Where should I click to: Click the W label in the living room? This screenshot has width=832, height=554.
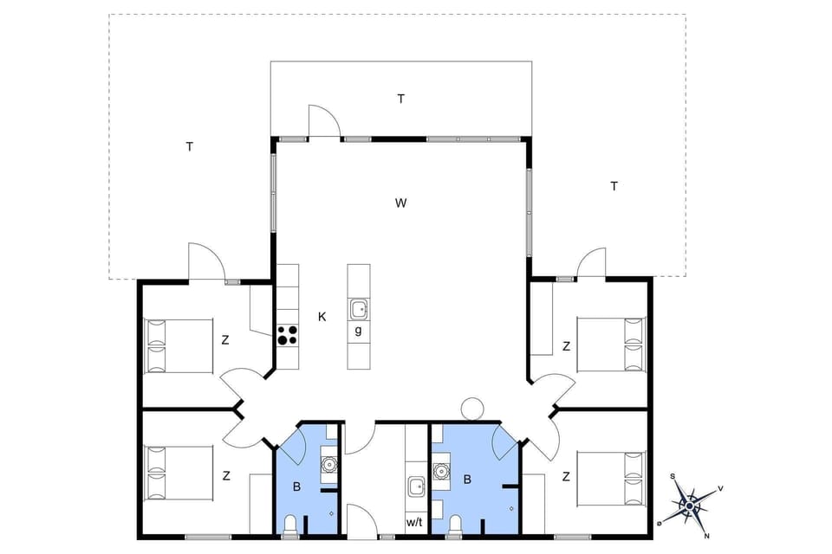click(400, 203)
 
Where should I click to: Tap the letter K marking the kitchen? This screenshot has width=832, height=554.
click(322, 317)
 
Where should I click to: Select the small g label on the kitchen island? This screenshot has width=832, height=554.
click(358, 331)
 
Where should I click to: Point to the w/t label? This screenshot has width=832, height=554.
click(414, 523)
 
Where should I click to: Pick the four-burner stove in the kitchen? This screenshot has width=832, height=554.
click(288, 335)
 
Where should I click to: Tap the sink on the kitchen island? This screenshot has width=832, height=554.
click(358, 307)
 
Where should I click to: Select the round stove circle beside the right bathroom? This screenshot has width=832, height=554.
click(472, 408)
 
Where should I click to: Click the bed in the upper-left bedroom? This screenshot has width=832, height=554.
click(179, 345)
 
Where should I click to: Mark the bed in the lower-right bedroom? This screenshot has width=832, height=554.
click(612, 476)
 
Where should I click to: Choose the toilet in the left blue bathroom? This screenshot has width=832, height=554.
click(292, 524)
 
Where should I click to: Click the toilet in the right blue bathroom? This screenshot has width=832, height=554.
click(455, 524)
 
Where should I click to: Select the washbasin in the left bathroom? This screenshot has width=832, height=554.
click(328, 464)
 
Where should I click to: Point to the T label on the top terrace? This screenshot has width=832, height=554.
click(400, 99)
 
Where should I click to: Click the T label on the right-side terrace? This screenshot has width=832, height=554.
click(614, 186)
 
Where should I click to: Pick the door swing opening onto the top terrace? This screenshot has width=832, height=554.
click(323, 121)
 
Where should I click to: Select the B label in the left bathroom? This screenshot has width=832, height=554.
click(296, 487)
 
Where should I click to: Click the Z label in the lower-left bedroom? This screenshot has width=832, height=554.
click(225, 475)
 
